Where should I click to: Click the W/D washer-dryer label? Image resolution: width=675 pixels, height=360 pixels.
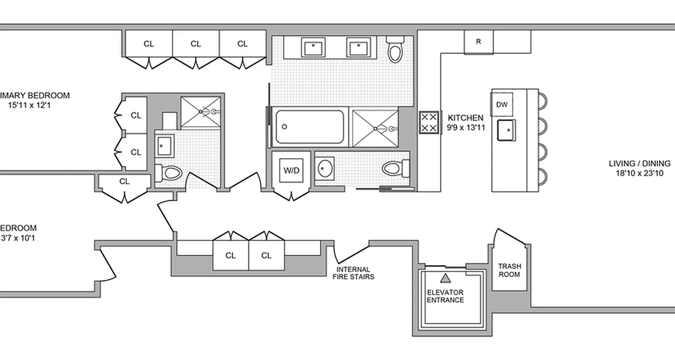click(x=291, y=171)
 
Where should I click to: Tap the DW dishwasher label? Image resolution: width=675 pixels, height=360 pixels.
click(x=502, y=105)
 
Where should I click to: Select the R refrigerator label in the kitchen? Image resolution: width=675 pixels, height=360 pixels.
click(x=478, y=42)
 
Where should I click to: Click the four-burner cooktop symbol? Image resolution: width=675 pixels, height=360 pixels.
click(x=429, y=123)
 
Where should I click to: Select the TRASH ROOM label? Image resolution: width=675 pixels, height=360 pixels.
click(x=509, y=270)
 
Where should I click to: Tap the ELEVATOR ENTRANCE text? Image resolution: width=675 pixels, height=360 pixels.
click(x=445, y=296)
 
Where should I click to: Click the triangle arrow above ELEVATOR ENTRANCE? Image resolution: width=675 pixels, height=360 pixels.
click(x=445, y=278)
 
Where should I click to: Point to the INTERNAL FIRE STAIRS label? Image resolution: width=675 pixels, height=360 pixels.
click(x=353, y=273)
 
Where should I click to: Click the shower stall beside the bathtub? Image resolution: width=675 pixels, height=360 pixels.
click(x=375, y=128)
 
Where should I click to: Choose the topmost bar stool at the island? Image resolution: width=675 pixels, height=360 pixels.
click(x=542, y=100)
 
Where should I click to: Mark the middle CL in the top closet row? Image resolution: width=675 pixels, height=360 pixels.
click(x=196, y=44)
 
